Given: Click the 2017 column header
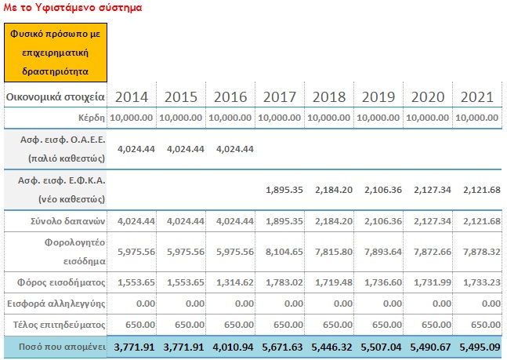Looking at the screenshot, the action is [x=280, y=97].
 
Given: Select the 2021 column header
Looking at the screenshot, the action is [x=477, y=97].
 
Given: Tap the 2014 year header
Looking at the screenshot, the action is [x=132, y=97].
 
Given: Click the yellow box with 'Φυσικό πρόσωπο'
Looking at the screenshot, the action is [x=56, y=53].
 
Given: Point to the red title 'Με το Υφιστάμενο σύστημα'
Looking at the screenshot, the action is [x=73, y=7].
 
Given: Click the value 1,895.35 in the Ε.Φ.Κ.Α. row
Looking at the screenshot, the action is [x=284, y=190].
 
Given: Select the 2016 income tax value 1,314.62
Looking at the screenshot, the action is [x=235, y=282].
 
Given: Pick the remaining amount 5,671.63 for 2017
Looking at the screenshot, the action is [x=282, y=347].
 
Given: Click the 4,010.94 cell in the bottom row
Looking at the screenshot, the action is [x=233, y=347].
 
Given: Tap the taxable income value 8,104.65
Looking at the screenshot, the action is [x=284, y=252].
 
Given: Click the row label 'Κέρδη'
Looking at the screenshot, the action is [x=92, y=118].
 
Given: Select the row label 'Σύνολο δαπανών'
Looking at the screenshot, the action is [x=67, y=221].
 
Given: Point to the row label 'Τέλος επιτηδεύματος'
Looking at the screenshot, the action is [x=59, y=325].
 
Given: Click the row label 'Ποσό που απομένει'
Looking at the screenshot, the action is [x=62, y=347].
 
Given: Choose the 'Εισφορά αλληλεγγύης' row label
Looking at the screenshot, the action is [x=56, y=304].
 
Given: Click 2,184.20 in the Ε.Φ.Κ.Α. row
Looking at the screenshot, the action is [x=334, y=190].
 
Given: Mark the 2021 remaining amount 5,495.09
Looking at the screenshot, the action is [x=480, y=347].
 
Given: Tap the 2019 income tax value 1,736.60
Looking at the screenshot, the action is [x=383, y=282].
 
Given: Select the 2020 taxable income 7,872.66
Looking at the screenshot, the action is [x=433, y=252].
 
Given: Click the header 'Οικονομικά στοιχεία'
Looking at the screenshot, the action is [x=56, y=96].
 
